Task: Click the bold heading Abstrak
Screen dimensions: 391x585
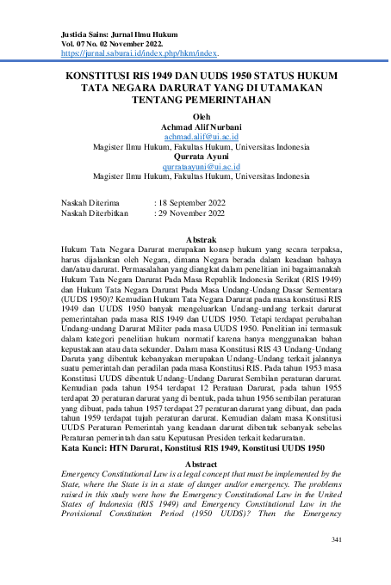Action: [x=200, y=238]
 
